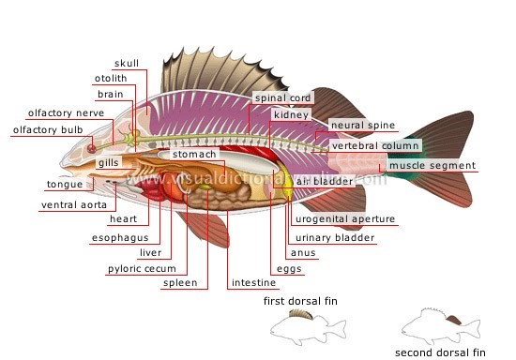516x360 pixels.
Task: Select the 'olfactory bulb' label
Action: pos(39,130)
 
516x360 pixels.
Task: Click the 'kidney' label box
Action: pos(284,114)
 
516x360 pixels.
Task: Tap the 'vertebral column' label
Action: pos(374,146)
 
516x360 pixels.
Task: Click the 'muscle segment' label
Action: pos(432,166)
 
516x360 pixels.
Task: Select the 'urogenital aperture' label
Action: pos(344,219)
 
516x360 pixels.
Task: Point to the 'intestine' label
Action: pos(253,282)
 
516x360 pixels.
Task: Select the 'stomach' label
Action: pos(194,154)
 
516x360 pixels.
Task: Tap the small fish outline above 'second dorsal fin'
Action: pos(437,323)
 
